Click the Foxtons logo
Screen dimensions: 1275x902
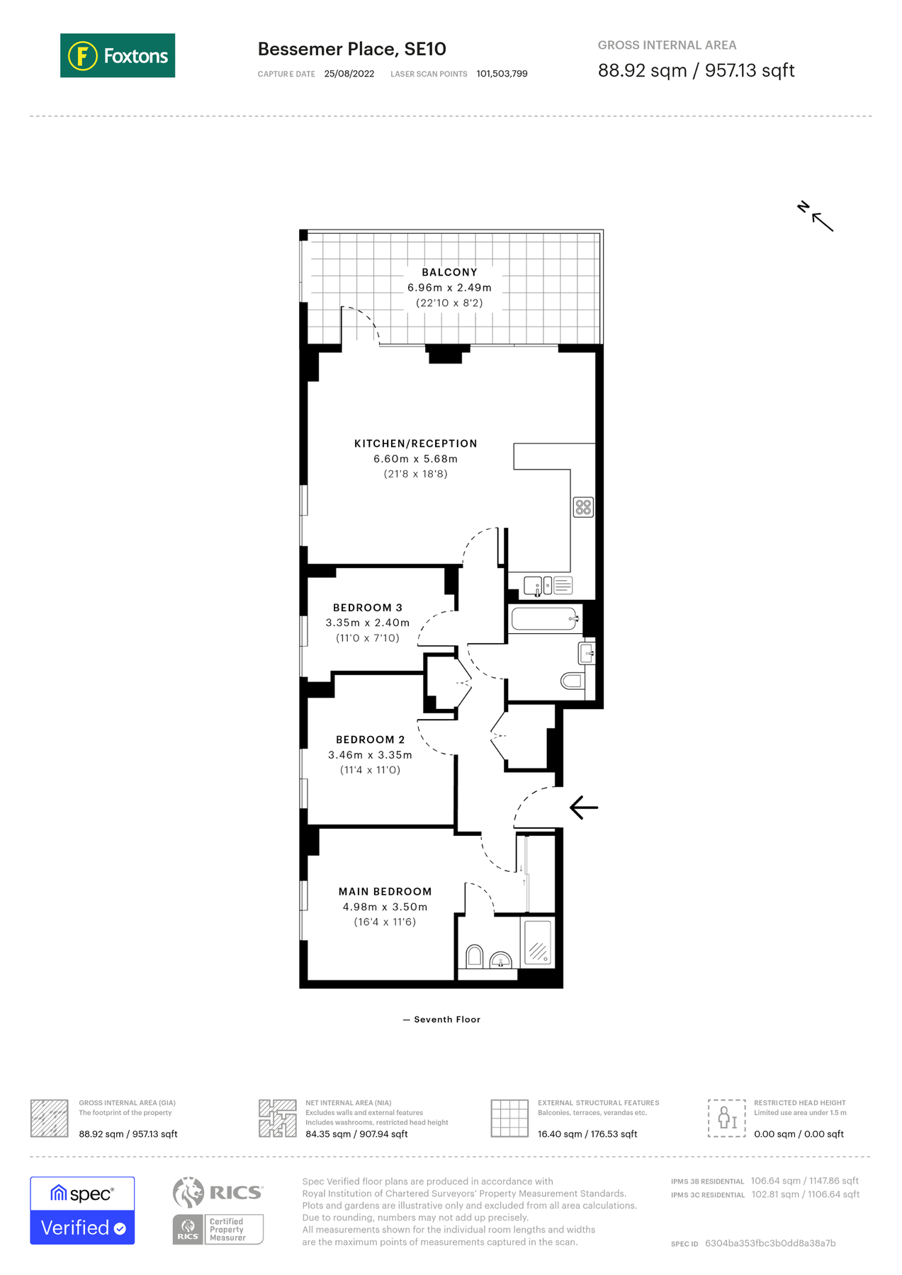click(x=118, y=55)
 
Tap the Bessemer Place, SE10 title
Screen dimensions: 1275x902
click(x=351, y=49)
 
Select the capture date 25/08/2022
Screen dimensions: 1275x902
click(x=349, y=74)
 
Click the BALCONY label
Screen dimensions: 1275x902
click(x=449, y=272)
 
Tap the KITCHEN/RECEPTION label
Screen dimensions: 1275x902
click(x=415, y=443)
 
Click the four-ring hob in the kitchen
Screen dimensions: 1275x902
click(x=583, y=507)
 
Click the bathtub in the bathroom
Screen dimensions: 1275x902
click(x=544, y=618)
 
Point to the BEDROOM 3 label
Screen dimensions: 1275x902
click(x=367, y=608)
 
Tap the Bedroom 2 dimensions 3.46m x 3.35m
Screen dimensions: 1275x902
click(x=370, y=755)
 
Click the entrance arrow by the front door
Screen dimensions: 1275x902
click(x=584, y=807)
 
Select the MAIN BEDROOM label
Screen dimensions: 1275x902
click(x=385, y=891)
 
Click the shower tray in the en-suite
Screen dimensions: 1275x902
click(x=537, y=942)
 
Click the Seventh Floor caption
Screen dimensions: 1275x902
click(x=446, y=1019)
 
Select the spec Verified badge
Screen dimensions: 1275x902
click(x=82, y=1210)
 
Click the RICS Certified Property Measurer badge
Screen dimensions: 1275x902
click(x=218, y=1229)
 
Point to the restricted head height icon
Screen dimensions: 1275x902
click(x=726, y=1118)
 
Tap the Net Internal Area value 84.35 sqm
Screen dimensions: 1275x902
click(x=356, y=1134)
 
